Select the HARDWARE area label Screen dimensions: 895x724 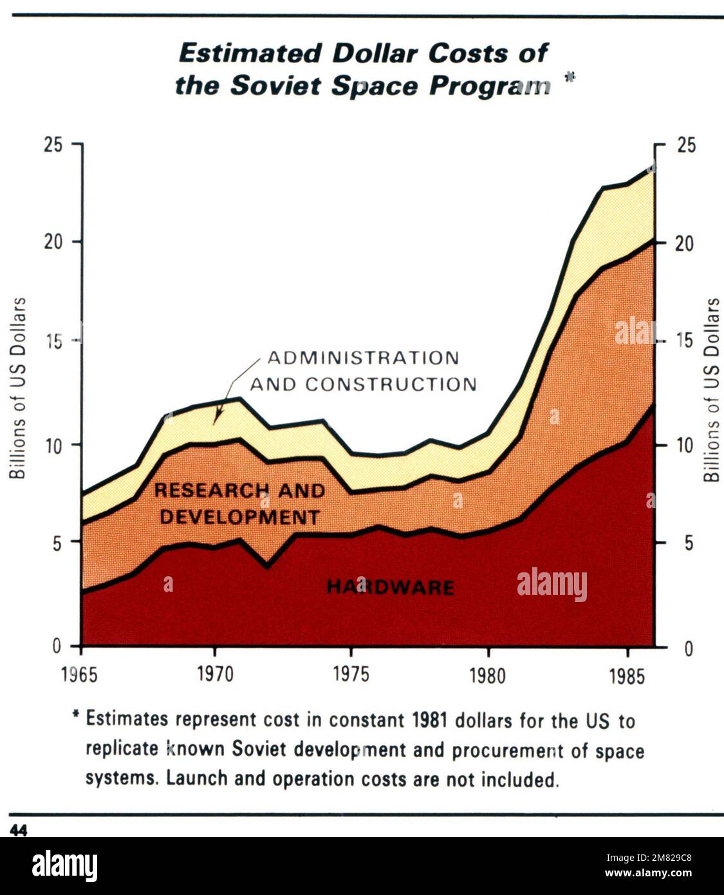[x=390, y=587]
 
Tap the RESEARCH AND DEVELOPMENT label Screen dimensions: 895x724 [x=239, y=504]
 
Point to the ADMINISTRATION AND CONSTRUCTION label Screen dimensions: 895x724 [x=363, y=371]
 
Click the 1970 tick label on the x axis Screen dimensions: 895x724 [x=215, y=674]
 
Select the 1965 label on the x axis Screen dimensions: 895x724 [x=80, y=674]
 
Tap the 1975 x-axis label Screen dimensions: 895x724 [x=351, y=674]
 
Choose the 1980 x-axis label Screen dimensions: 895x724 [x=488, y=676]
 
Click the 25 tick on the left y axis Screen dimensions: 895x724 [x=53, y=145]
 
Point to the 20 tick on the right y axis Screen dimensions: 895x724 [x=685, y=243]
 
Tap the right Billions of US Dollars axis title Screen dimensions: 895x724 [x=711, y=390]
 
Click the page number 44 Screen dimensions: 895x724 [x=18, y=831]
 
